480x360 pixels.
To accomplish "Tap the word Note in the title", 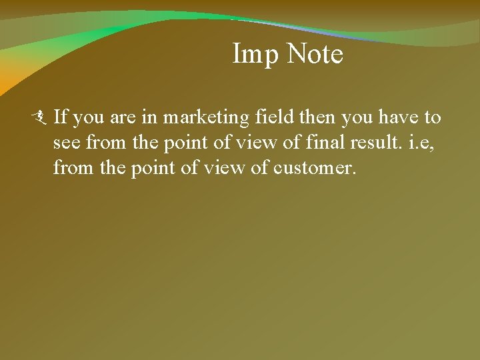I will (315, 54).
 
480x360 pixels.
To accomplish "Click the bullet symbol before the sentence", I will (43, 118).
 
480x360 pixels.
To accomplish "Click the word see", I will (65, 143).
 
